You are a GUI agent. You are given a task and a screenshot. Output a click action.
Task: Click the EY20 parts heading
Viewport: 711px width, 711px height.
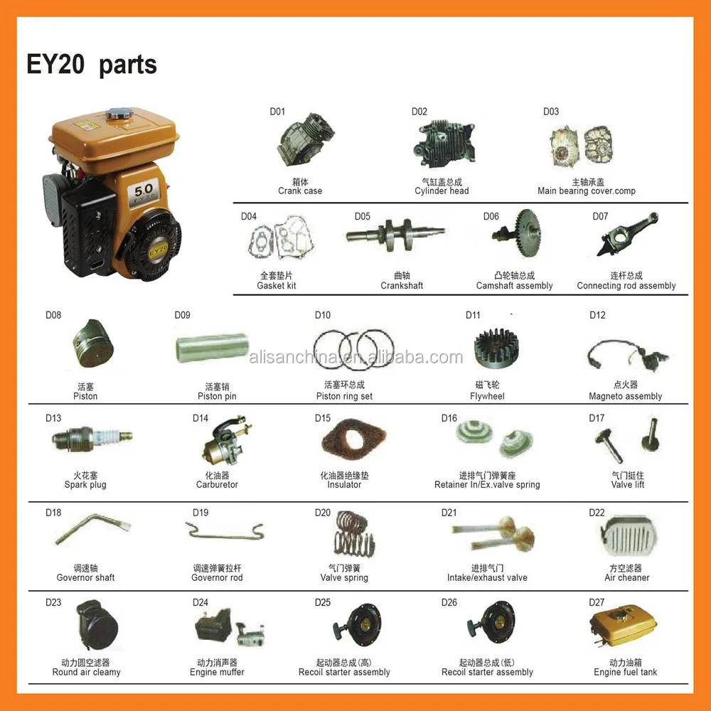(92, 65)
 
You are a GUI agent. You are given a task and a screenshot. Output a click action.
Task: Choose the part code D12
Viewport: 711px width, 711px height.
(597, 315)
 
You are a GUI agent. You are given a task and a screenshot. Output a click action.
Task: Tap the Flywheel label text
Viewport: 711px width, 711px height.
(487, 396)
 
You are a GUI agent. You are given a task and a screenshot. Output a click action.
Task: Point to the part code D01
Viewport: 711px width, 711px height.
(277, 112)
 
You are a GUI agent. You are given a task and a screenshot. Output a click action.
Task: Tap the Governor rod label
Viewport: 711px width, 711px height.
(217, 577)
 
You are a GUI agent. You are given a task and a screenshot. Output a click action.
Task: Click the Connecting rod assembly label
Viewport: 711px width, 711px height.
(626, 286)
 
